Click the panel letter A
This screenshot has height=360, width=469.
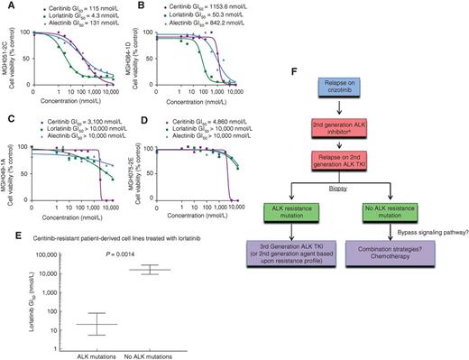pyautogui.click(x=6, y=6)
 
